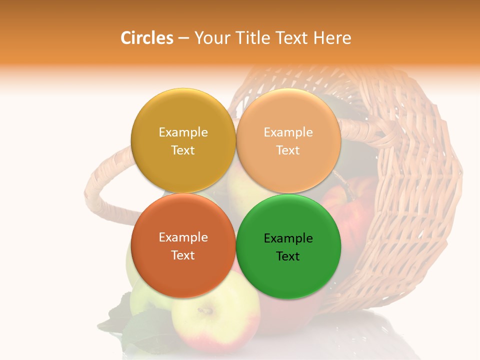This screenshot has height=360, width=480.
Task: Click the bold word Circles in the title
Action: (x=146, y=38)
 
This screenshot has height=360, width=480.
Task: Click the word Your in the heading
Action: (x=210, y=38)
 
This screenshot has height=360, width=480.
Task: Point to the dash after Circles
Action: (x=183, y=38)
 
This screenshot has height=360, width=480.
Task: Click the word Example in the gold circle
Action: (x=183, y=132)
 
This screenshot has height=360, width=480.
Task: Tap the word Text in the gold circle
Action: (x=183, y=150)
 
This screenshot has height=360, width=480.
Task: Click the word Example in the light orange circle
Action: (x=288, y=132)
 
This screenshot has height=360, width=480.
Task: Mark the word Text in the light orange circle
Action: (x=288, y=150)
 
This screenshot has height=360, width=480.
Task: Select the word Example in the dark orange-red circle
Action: (x=183, y=237)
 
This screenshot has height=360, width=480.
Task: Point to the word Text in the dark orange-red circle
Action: (x=183, y=255)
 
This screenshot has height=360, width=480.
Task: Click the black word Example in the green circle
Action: (x=288, y=238)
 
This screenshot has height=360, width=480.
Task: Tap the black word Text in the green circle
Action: (x=288, y=256)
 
